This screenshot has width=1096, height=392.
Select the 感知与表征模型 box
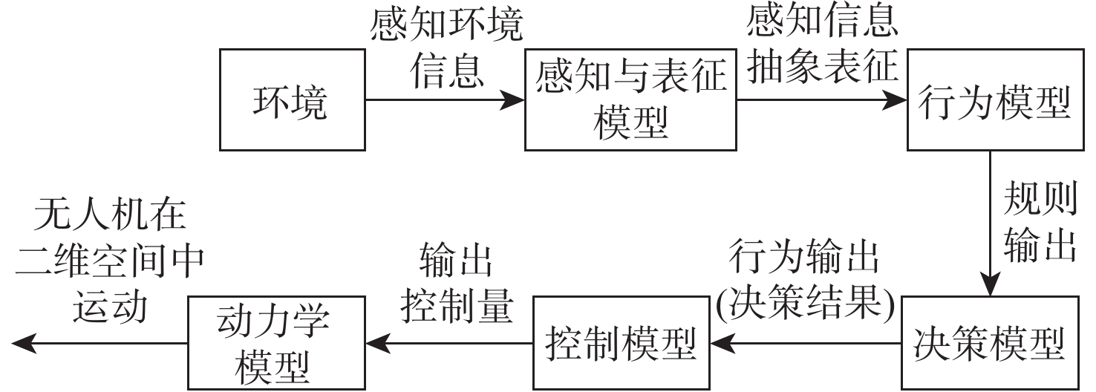tap(630, 100)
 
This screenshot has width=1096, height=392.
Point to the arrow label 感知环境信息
tap(446, 48)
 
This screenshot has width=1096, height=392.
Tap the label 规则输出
tap(1040, 223)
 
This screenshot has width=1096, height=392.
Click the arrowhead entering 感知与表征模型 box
tap(513, 99)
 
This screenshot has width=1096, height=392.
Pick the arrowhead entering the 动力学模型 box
tap(375, 343)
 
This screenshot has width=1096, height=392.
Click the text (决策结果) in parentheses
tap(804, 304)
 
